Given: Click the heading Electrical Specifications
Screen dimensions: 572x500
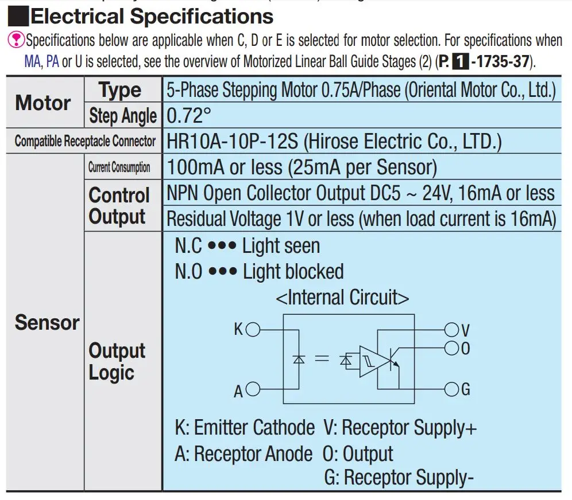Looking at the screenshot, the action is (152, 17).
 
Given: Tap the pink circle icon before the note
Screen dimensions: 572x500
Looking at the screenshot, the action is (16, 40).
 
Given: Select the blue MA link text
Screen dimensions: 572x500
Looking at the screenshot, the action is (33, 61).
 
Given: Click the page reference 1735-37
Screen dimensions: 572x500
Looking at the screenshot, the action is (500, 61).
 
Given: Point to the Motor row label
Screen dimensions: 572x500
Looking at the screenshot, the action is (43, 103).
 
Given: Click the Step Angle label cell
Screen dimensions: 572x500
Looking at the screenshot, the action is (123, 116).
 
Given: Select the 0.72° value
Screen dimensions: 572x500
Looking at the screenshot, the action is (189, 116).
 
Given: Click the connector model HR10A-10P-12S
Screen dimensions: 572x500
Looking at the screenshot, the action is (232, 141).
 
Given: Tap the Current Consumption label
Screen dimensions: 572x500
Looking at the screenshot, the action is (119, 167).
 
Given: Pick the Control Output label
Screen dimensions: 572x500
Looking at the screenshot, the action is (119, 206).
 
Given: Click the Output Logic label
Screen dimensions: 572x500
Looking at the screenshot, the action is (117, 362).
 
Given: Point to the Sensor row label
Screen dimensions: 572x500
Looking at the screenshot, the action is (47, 323).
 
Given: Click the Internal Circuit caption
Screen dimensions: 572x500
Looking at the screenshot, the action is (342, 298).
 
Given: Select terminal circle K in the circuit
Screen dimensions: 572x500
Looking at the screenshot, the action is (253, 330).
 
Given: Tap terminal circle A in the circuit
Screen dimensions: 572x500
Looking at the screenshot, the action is (253, 389).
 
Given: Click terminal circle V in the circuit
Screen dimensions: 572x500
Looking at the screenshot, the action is (451, 330).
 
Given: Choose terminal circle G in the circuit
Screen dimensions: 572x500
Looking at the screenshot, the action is (451, 389).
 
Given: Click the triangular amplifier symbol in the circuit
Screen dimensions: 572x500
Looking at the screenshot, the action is (374, 361).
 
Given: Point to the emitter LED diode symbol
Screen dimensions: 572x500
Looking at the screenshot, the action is (299, 360).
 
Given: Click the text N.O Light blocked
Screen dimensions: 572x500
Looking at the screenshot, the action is (260, 272).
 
